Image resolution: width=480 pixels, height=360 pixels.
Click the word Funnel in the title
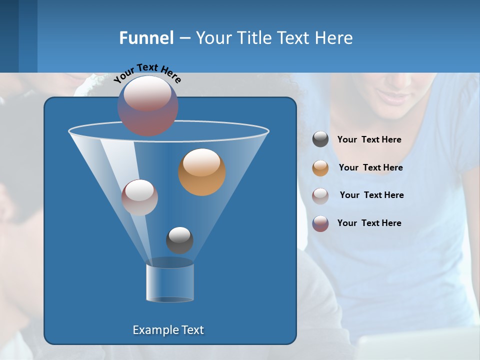(146, 38)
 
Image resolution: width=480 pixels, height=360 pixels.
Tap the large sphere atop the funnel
(148, 105)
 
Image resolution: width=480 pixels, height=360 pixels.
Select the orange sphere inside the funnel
(202, 172)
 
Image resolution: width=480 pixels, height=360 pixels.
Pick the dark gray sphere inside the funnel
(179, 240)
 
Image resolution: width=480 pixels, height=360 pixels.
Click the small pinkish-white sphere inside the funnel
(139, 197)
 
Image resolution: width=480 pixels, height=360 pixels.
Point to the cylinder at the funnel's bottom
(170, 283)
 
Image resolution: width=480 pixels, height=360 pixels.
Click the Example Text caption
(168, 330)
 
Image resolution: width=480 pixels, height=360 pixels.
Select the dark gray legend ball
(320, 139)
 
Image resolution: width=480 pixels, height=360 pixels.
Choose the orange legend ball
(320, 168)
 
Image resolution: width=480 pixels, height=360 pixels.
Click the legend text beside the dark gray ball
(369, 140)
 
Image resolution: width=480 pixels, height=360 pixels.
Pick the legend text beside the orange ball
(370, 168)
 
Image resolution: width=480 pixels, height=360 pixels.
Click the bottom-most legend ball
(320, 223)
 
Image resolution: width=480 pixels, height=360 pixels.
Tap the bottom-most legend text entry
(369, 223)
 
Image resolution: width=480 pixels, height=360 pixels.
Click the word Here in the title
(333, 38)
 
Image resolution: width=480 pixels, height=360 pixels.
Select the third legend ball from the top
(320, 195)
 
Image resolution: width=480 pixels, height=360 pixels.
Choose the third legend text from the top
(371, 195)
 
